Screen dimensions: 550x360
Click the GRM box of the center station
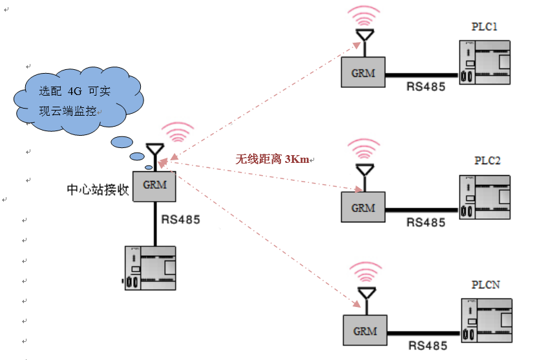(154, 186)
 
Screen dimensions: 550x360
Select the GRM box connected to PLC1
(363, 72)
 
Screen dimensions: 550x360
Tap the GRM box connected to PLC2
(363, 207)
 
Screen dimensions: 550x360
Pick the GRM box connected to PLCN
(365, 330)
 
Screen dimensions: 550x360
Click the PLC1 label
(484, 26)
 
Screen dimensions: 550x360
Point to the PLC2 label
(487, 161)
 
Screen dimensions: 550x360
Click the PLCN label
(485, 284)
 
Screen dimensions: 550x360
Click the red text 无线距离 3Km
(272, 159)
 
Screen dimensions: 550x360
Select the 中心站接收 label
(98, 190)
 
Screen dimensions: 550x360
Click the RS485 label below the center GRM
(180, 220)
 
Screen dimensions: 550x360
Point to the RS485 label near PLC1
(425, 87)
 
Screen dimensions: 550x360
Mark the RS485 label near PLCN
(428, 346)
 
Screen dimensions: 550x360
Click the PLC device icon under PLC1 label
(485, 63)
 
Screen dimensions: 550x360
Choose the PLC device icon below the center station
(150, 268)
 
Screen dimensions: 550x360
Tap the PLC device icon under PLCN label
(487, 321)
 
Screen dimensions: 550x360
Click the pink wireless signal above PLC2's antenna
(364, 149)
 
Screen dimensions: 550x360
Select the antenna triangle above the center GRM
(154, 149)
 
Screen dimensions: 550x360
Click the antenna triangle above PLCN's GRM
(367, 293)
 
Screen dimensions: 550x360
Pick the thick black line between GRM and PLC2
(422, 210)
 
